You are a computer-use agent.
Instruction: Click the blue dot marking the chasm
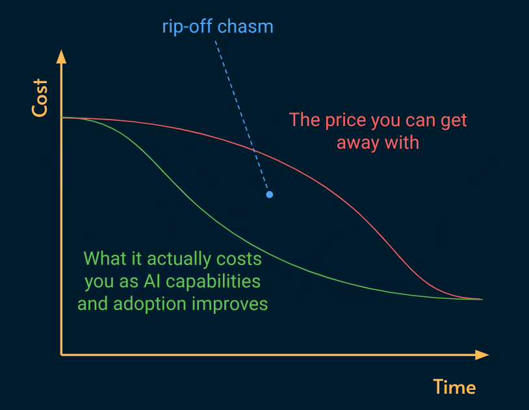point(269,194)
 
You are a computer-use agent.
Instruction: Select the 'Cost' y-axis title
point(40,98)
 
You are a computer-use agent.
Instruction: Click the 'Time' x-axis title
point(454,387)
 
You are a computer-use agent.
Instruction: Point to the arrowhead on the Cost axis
point(61,57)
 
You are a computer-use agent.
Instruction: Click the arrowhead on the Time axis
point(482,355)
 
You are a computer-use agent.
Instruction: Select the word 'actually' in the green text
point(178,259)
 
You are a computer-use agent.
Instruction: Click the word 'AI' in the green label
point(151,281)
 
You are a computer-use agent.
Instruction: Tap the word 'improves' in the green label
point(230,304)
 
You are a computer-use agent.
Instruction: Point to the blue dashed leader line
point(242,115)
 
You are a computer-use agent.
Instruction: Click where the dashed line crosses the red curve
point(254,150)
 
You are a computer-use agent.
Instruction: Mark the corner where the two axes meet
point(61,355)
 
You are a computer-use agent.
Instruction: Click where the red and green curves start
point(62,118)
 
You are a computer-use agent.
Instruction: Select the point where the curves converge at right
point(480,299)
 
